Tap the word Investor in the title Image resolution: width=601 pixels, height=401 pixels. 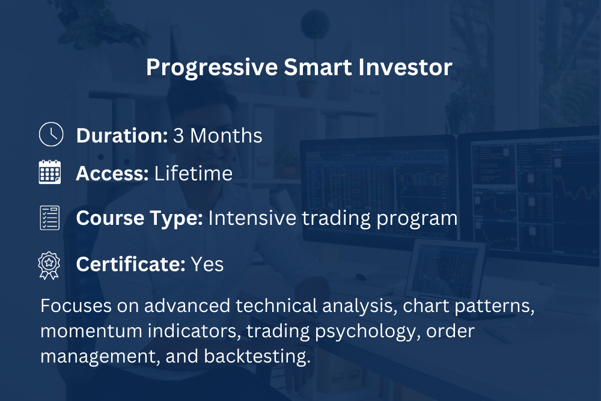405,67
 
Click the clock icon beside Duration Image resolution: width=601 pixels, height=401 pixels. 51,134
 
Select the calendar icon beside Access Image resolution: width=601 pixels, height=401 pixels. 50,172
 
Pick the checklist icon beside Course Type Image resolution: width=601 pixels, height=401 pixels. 50,218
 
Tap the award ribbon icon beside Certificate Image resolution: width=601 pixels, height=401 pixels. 49,265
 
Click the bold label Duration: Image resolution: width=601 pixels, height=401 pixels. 122,136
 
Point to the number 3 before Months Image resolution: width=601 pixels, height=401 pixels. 178,136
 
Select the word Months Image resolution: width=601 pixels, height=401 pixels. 226,136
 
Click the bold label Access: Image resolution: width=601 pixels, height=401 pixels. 112,174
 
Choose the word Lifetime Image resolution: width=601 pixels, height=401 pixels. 193,173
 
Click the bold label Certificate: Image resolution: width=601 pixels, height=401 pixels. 130,264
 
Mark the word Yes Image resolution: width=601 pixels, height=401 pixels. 207,264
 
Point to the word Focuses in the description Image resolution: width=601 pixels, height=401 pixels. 76,306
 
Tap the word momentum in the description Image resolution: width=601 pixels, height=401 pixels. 91,332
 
